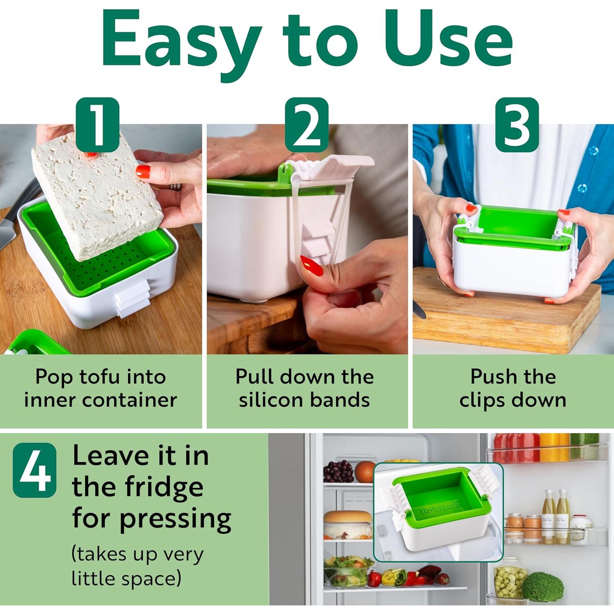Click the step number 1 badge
[97, 124]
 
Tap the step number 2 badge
[307, 124]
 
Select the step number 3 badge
[517, 124]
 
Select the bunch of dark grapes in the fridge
[339, 472]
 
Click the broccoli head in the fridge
[543, 587]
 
